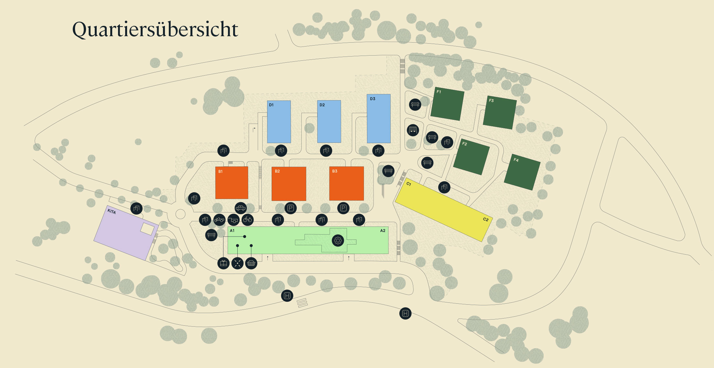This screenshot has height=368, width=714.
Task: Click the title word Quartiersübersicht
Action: click(x=155, y=30)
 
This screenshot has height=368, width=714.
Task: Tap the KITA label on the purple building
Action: click(x=112, y=211)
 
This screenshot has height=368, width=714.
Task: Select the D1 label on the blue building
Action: click(x=271, y=105)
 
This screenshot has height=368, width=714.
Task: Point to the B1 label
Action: click(x=221, y=172)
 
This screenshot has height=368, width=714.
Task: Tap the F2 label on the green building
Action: click(x=465, y=144)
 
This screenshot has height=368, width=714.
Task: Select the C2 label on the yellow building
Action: click(x=486, y=219)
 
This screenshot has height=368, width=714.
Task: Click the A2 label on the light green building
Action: click(x=383, y=231)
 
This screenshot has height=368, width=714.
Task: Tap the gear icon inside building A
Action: click(x=338, y=240)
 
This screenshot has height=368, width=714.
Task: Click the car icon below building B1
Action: click(x=241, y=208)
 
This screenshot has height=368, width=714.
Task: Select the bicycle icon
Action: click(x=247, y=220)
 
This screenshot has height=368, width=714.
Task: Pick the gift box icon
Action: click(x=223, y=263)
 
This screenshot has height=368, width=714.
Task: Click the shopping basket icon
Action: click(x=251, y=263)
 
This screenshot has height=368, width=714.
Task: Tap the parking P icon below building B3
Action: click(x=343, y=208)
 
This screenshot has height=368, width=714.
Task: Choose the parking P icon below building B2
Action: click(x=290, y=208)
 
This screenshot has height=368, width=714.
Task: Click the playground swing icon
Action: click(x=413, y=130)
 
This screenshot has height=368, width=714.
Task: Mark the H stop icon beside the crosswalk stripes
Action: click(x=287, y=296)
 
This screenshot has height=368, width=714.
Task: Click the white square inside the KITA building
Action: click(x=147, y=229)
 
